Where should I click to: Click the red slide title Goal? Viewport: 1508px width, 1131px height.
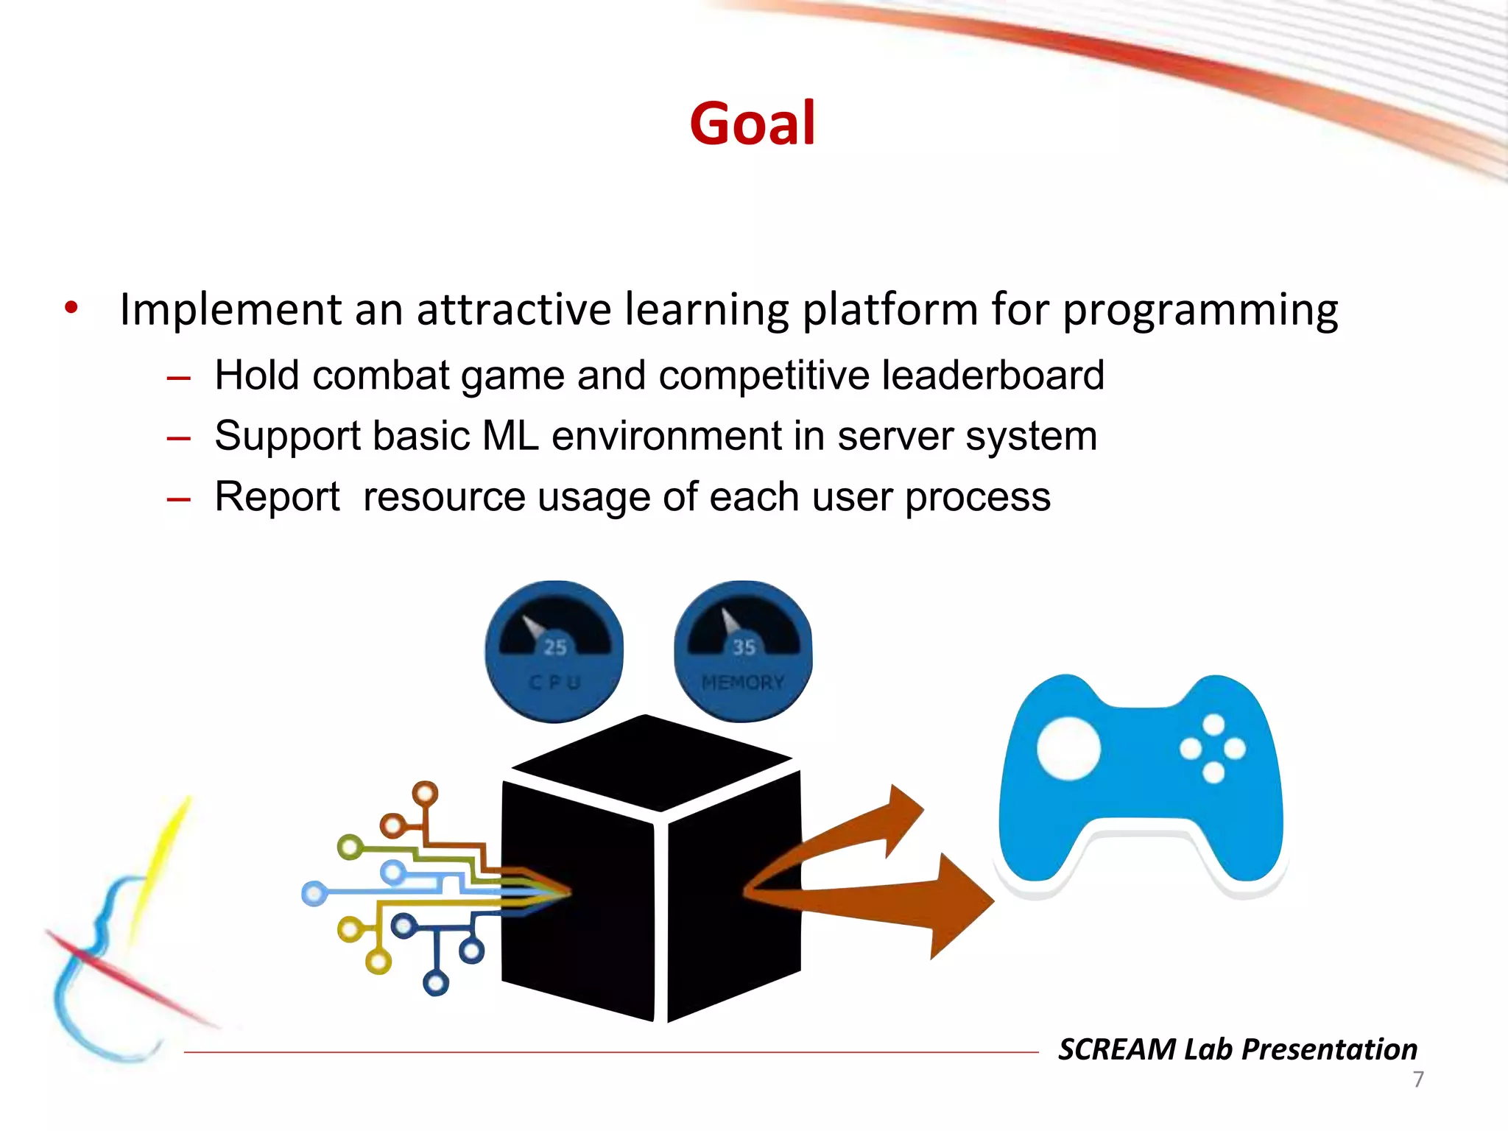click(x=752, y=124)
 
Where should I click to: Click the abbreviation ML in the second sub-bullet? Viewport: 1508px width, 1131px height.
click(x=510, y=436)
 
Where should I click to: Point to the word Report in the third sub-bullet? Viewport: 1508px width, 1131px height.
click(x=277, y=496)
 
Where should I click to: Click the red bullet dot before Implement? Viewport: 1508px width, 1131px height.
click(x=71, y=307)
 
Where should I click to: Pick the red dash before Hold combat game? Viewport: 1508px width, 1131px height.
click(x=179, y=378)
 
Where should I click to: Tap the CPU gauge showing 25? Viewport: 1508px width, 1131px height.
click(x=554, y=651)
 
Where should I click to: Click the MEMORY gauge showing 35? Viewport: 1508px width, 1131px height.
click(x=743, y=651)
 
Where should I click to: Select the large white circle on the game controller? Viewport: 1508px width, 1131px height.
click(x=1068, y=748)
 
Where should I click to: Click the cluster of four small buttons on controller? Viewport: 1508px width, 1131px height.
click(x=1213, y=749)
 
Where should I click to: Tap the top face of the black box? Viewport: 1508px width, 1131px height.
click(x=651, y=761)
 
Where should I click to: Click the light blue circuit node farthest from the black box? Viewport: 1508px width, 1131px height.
click(x=314, y=894)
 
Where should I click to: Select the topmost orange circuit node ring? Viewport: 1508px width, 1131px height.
click(x=425, y=794)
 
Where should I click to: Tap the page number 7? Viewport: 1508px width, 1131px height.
click(x=1418, y=1079)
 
